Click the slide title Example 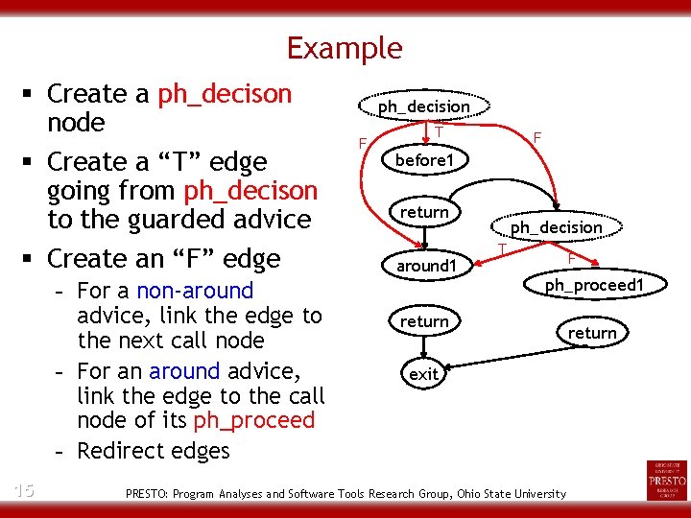click(x=345, y=47)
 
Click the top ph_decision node click(x=423, y=106)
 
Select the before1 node click(x=424, y=160)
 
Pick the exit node click(x=423, y=374)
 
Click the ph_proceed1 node click(x=593, y=286)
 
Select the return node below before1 click(x=424, y=212)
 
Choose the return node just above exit click(x=424, y=321)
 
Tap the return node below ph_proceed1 click(x=592, y=333)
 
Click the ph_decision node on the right click(x=556, y=227)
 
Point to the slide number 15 click(x=24, y=490)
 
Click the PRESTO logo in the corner click(x=667, y=480)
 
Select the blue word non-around click(x=195, y=291)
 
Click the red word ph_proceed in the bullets click(x=253, y=420)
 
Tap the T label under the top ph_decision click(x=438, y=130)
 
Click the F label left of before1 click(x=362, y=144)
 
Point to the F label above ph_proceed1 click(x=571, y=258)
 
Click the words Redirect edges click(x=154, y=451)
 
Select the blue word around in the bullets click(x=184, y=370)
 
